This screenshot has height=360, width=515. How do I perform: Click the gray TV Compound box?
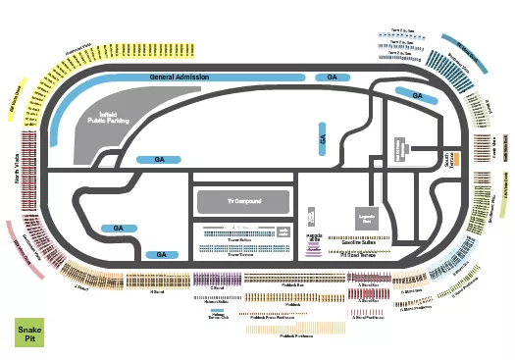(x=244, y=201)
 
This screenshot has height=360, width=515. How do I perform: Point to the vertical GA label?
(x=322, y=140)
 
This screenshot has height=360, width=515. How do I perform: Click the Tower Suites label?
(x=239, y=238)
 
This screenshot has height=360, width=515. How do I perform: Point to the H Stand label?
(x=157, y=291)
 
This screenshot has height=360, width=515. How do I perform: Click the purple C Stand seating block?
(x=215, y=282)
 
